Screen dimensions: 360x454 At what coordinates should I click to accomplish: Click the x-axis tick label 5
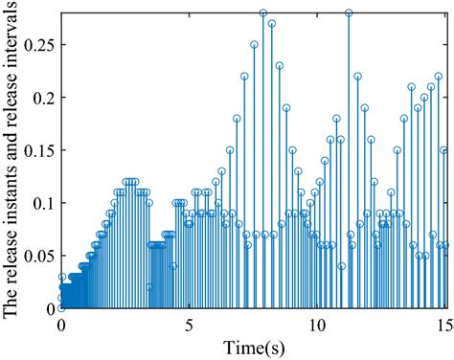pos(190,325)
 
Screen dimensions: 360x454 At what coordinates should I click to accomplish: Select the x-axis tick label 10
pos(318,325)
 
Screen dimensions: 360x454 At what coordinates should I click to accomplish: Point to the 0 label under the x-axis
pos(61,325)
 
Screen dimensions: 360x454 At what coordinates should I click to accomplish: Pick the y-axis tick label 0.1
pos(43,203)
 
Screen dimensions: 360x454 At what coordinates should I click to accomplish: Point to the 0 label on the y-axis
pos(51,308)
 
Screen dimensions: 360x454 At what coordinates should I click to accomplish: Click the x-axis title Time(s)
pos(253,346)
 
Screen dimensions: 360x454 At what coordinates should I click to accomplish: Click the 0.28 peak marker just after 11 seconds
pos(349,13)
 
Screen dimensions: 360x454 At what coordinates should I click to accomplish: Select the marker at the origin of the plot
pos(61,308)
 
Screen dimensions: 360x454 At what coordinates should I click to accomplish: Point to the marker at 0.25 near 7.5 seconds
pos(254,45)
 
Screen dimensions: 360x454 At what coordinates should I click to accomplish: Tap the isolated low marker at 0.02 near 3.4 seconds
pos(149,287)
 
